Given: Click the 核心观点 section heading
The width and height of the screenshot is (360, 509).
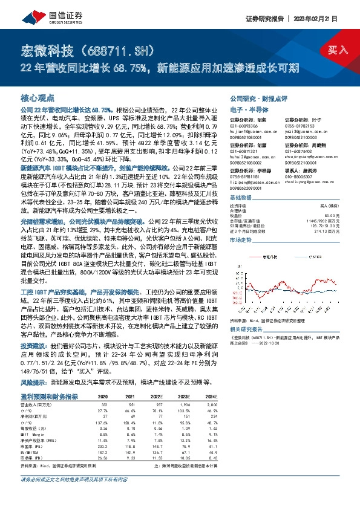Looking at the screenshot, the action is (x=38, y=98).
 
